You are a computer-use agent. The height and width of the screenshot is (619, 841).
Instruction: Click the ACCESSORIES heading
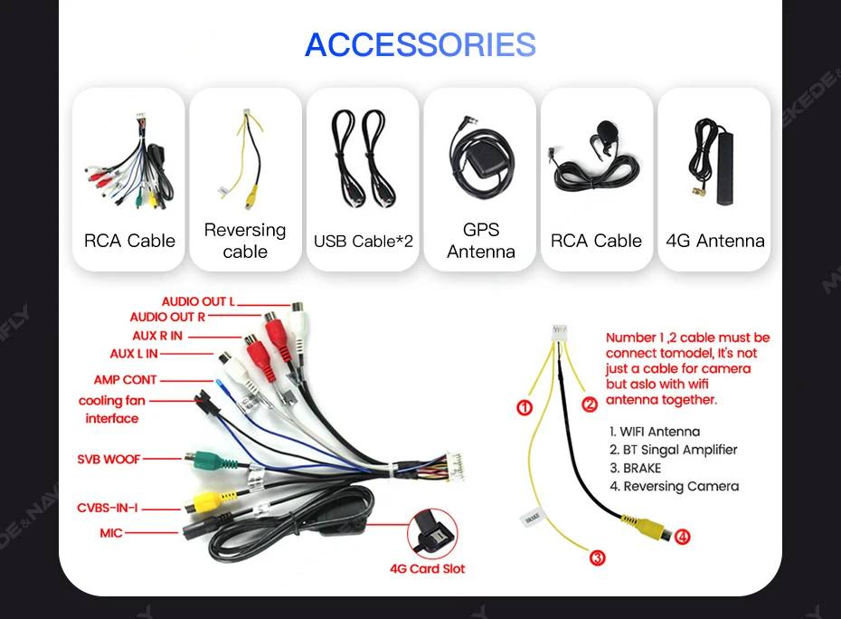pos(420,44)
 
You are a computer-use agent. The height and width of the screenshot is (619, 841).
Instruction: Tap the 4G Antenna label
pos(714,241)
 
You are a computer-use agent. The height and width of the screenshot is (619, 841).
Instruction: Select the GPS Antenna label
pos(480,241)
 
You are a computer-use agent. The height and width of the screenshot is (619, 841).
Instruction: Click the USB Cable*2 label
pos(363,241)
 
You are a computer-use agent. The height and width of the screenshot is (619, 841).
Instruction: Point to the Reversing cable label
pos(245,241)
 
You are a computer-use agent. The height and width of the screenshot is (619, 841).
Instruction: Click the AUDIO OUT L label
pos(198,301)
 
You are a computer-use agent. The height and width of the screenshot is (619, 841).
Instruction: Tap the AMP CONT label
pos(125,380)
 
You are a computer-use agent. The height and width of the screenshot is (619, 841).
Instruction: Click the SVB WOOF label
pos(109,459)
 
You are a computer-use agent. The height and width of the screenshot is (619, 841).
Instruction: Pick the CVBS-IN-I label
pos(108,509)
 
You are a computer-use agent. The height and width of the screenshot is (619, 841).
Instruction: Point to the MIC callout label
pos(111,533)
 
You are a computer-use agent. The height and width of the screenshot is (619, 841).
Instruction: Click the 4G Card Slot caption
pos(428,569)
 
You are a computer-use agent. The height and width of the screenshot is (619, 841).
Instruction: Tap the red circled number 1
pos(524,408)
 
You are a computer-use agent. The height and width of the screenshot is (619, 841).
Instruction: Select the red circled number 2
pos(590,405)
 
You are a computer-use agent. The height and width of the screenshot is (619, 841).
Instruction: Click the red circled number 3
pos(597,558)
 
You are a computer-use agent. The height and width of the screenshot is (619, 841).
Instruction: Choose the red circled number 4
pos(683,537)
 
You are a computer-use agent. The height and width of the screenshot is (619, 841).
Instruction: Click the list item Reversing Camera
pos(674,486)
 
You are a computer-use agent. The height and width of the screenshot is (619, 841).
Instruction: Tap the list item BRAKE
pos(635,468)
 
